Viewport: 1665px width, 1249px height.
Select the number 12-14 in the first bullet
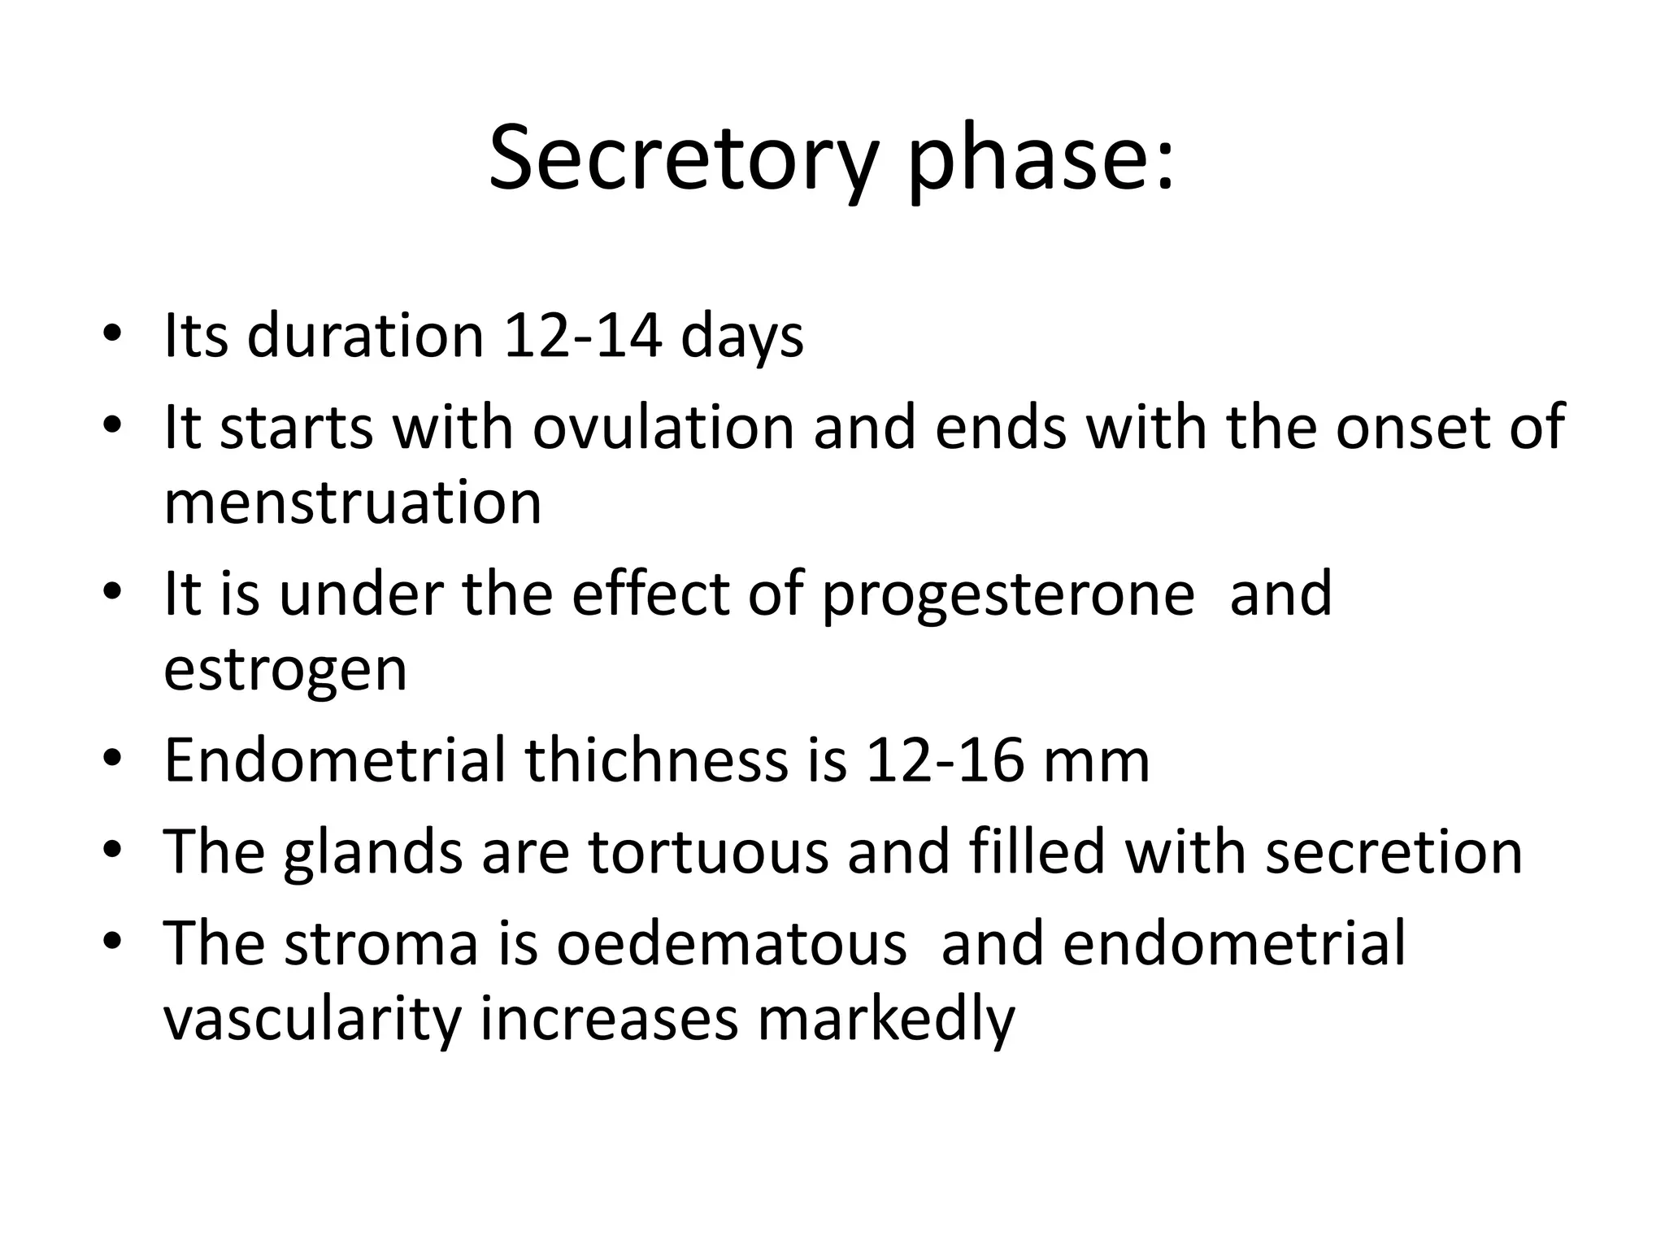click(x=582, y=335)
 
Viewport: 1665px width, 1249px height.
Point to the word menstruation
click(x=353, y=502)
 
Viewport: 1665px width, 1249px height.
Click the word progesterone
click(x=1008, y=595)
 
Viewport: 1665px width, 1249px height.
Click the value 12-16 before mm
click(x=944, y=760)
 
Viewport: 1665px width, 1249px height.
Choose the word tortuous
click(x=708, y=851)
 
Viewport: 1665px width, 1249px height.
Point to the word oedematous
click(x=732, y=943)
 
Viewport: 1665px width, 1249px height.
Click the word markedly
click(x=886, y=1019)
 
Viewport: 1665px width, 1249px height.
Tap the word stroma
click(x=381, y=943)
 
